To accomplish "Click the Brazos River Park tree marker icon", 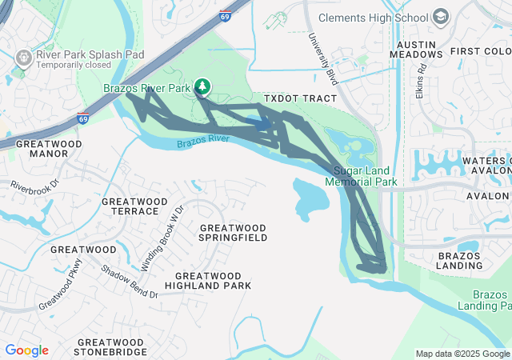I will coord(203,86).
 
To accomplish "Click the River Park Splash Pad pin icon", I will coord(23,58).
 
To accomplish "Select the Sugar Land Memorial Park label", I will coord(361,177).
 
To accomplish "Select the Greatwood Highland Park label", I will coord(207,280).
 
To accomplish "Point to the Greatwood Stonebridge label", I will coord(110,346).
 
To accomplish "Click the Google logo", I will coord(26,350).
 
